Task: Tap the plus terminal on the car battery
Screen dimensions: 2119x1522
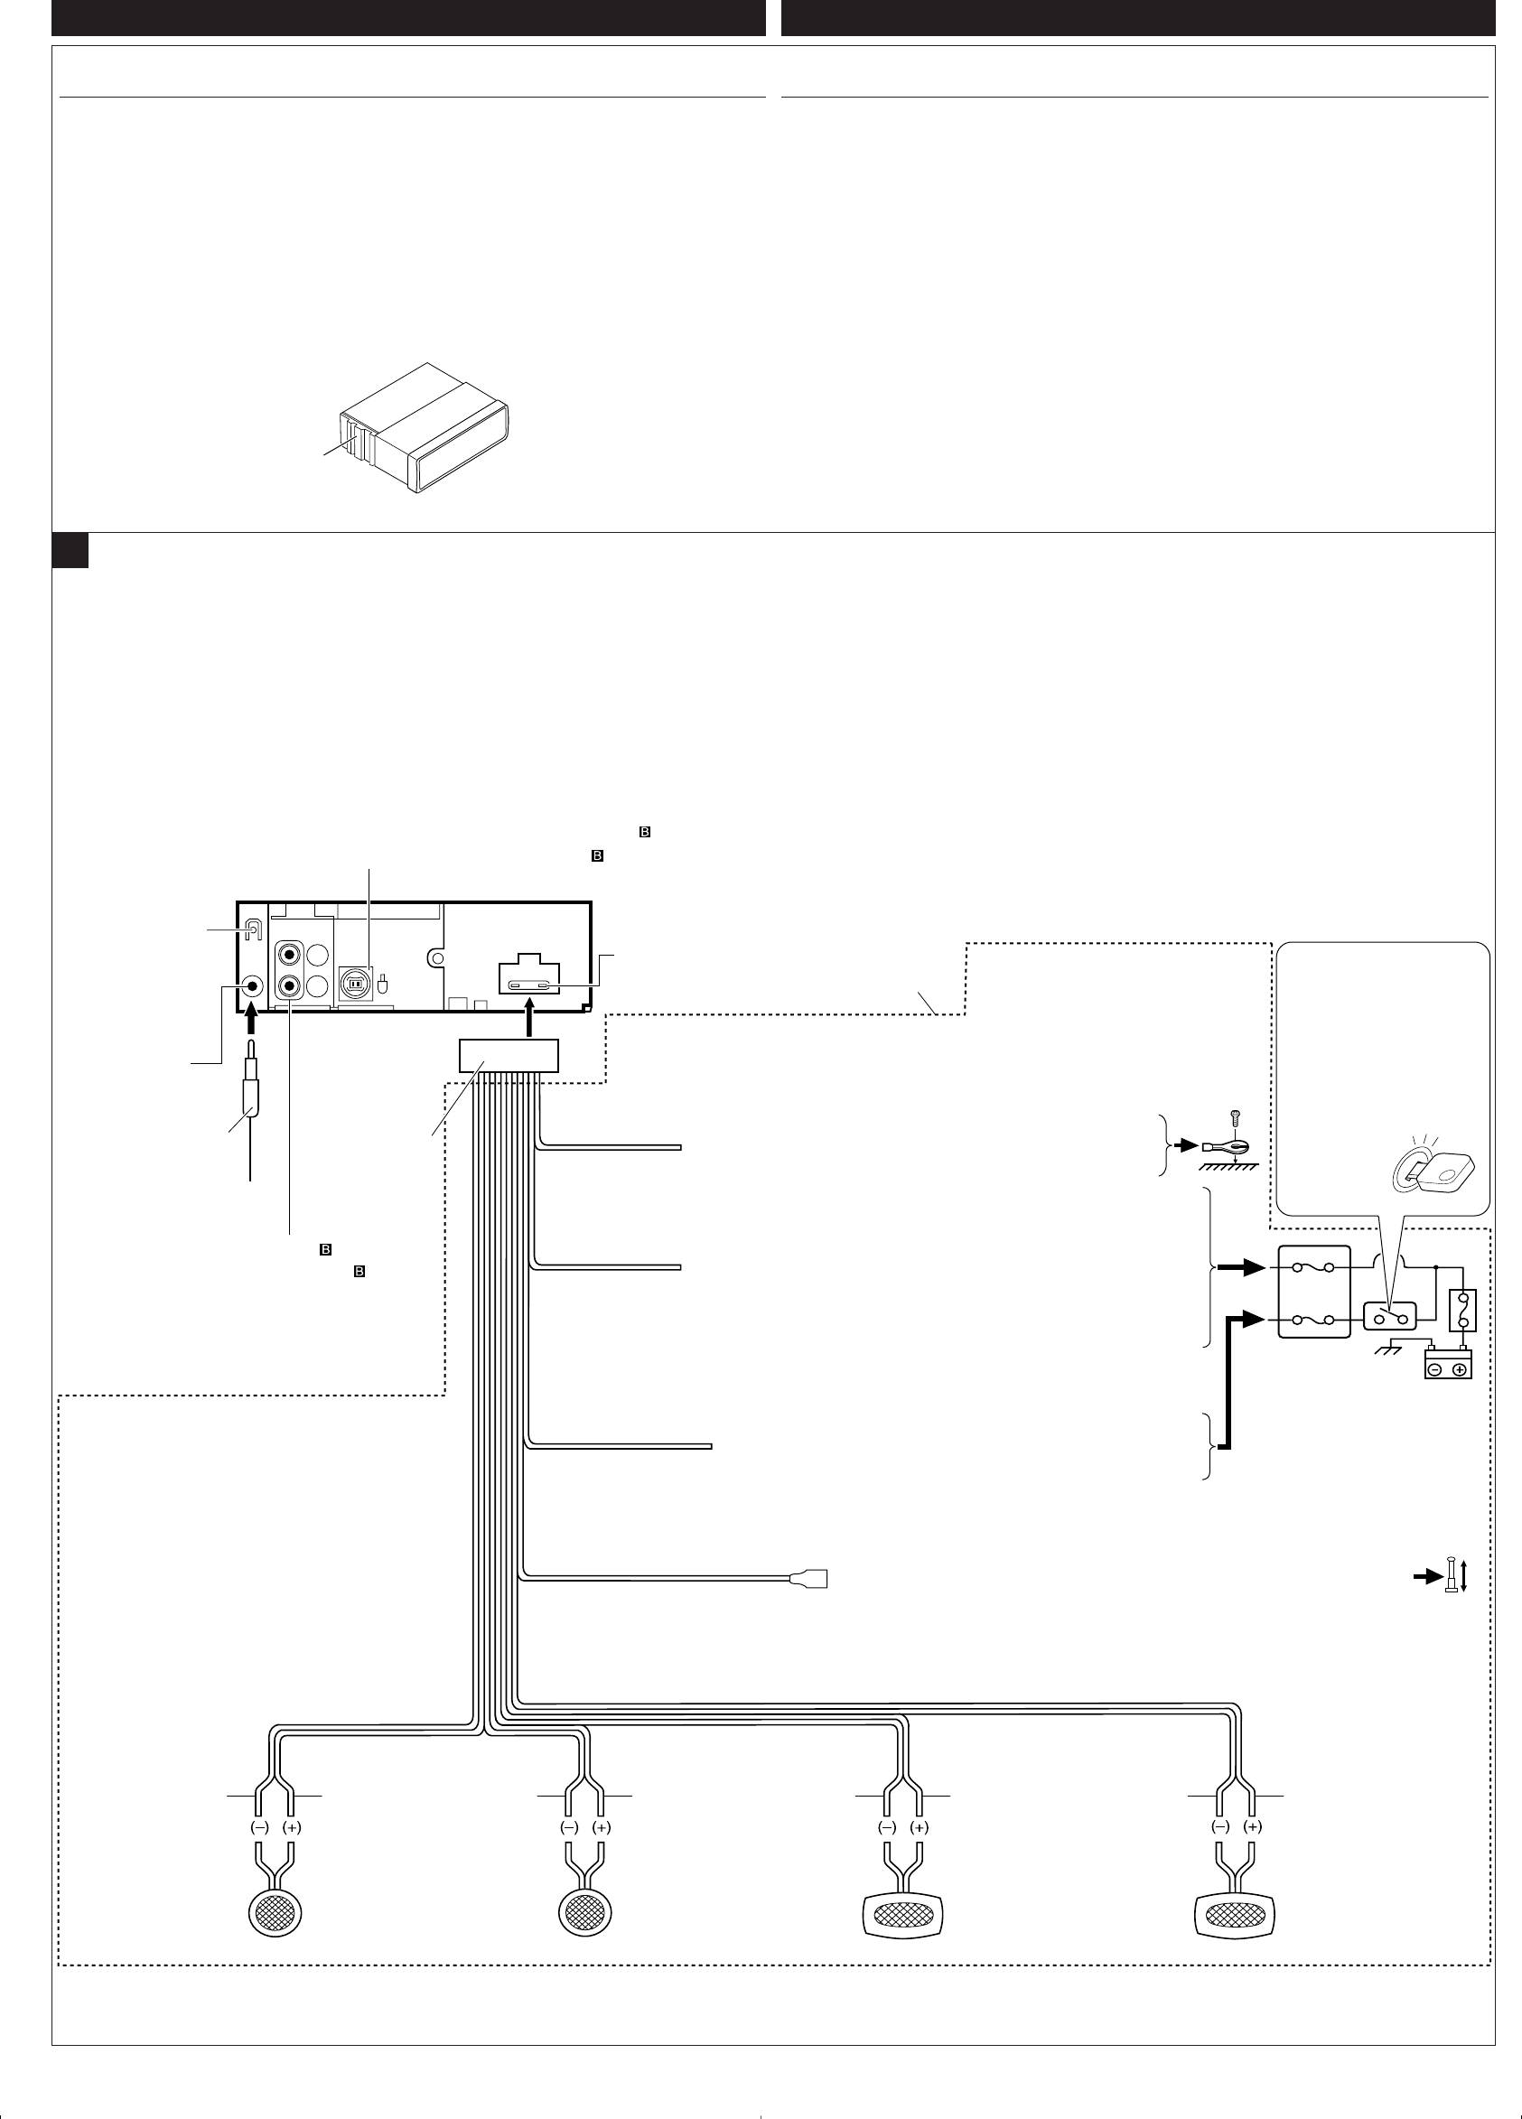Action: click(1459, 1369)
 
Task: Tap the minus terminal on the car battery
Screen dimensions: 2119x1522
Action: click(1436, 1369)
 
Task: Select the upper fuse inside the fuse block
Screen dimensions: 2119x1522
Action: click(1313, 1269)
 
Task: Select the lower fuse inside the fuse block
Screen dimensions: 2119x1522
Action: click(1313, 1320)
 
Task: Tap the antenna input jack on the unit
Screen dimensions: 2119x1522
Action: click(251, 985)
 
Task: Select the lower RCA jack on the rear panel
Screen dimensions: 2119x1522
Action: click(291, 985)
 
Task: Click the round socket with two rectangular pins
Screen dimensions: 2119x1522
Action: click(355, 983)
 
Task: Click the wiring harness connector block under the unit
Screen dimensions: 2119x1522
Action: click(509, 1055)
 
